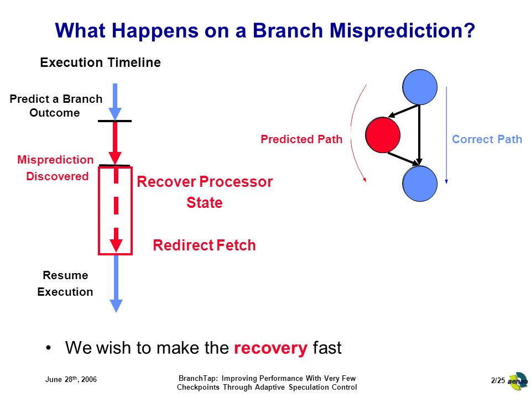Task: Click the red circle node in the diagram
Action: pos(383,135)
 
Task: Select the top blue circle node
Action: pos(420,87)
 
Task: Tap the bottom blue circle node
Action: pos(420,184)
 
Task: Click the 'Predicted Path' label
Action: pos(301,139)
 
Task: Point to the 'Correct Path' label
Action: pos(487,139)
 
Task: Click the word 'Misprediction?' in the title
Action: pos(402,30)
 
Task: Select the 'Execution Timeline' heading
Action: pos(100,62)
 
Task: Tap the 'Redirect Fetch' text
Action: pos(204,245)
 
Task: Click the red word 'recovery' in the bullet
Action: pos(270,348)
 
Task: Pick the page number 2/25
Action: pos(498,380)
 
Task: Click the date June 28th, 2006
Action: pos(71,379)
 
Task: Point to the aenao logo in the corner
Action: pos(518,381)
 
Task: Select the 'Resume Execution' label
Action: pos(65,283)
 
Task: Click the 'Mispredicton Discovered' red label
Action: pos(55,168)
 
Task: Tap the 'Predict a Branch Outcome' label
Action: pos(56,106)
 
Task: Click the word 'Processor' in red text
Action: pos(236,182)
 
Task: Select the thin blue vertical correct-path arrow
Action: pos(446,135)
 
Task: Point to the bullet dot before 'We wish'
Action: pos(49,348)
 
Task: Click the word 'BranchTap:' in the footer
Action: pos(198,378)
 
